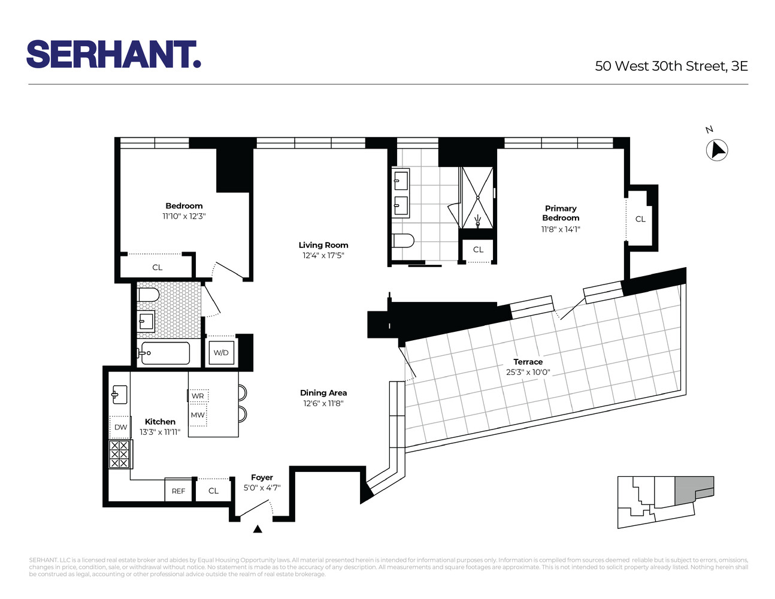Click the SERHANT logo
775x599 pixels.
tap(113, 55)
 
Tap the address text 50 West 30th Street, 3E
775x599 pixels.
tap(671, 66)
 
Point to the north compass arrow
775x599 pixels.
tap(716, 150)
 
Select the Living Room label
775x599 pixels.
tap(323, 245)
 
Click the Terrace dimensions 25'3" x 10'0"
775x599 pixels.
tap(528, 372)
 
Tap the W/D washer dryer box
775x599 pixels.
tap(221, 353)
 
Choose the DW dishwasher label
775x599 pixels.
tap(120, 427)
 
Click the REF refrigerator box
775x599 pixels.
tap(178, 491)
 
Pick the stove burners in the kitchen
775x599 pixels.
tap(119, 455)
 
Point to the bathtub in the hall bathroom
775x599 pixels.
tap(164, 353)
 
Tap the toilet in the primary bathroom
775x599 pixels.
tap(403, 241)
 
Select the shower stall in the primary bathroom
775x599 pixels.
tap(477, 197)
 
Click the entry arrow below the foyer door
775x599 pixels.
tap(258, 529)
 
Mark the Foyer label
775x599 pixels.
tap(262, 477)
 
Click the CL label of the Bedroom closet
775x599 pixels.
tap(158, 268)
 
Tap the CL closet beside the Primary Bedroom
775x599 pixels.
tap(640, 219)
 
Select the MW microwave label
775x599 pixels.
tap(198, 415)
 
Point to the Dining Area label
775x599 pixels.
tap(323, 393)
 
